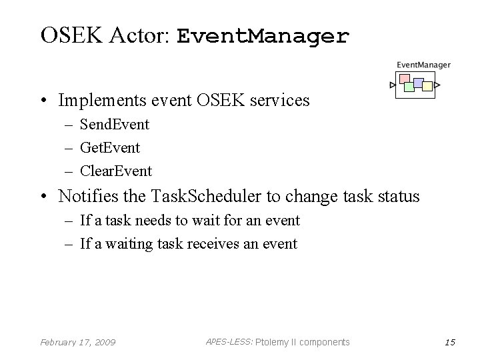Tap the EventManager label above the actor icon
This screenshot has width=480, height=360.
pos(423,65)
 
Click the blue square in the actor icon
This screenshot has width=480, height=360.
pos(419,83)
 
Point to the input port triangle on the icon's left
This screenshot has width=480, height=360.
pos(393,85)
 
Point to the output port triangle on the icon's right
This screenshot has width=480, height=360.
pos(437,85)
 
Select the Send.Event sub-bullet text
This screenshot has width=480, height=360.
pos(115,124)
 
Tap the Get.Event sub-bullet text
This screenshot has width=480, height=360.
pos(110,147)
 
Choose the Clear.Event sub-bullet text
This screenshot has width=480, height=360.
pos(116,171)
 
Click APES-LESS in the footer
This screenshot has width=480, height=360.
pos(228,341)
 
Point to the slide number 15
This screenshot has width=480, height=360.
pos(449,342)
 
